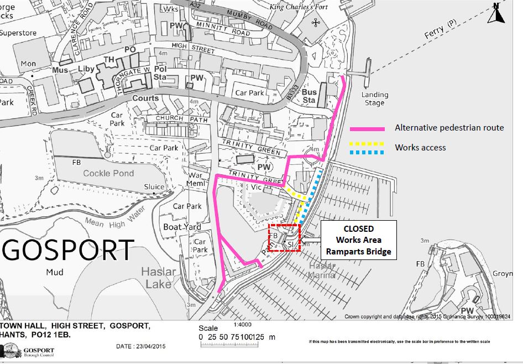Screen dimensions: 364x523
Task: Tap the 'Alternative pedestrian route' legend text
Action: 449,128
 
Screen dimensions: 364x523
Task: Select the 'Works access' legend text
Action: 420,147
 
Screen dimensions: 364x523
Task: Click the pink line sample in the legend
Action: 367,128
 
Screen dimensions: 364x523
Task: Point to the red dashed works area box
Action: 284,238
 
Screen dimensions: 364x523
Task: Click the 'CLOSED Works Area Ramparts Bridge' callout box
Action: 358,240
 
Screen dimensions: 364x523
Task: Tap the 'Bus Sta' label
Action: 309,96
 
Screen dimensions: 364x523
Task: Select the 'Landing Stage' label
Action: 375,98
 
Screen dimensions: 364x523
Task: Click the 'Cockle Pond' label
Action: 108,173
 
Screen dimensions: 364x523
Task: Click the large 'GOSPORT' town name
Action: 68,251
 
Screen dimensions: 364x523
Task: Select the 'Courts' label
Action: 145,98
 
